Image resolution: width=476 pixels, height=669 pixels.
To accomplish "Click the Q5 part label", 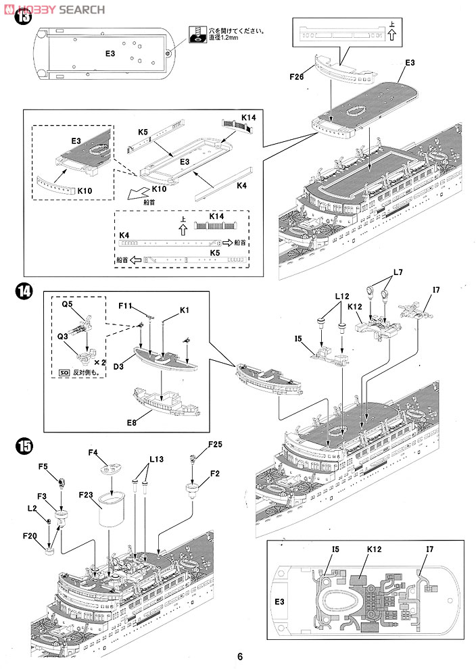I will coord(67,304).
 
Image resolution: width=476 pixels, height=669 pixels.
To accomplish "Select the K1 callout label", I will coord(185,309).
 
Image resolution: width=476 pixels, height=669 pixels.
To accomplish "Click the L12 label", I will coord(341,295).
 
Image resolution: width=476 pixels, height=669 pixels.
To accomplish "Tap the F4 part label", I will coord(93,452).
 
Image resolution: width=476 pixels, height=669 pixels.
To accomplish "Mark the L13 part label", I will coord(156,459).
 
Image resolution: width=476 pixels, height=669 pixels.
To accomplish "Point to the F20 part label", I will coord(29,535).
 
